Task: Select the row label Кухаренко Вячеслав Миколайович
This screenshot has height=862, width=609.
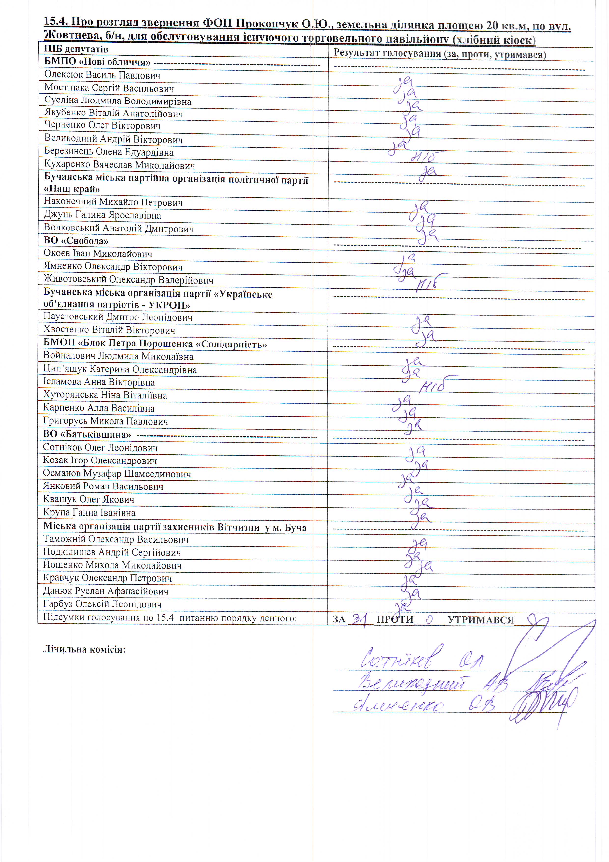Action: coord(119,165)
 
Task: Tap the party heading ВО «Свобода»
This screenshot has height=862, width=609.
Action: coord(76,241)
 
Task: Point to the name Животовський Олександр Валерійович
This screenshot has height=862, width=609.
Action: coord(128,280)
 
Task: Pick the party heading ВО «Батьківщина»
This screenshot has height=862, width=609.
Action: coord(87,434)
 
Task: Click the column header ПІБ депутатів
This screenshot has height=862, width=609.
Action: coord(76,49)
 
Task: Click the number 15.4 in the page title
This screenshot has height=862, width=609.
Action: coord(56,21)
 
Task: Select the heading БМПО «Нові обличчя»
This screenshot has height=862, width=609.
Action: coord(97,62)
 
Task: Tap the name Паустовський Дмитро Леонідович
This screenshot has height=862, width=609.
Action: coord(118,317)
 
